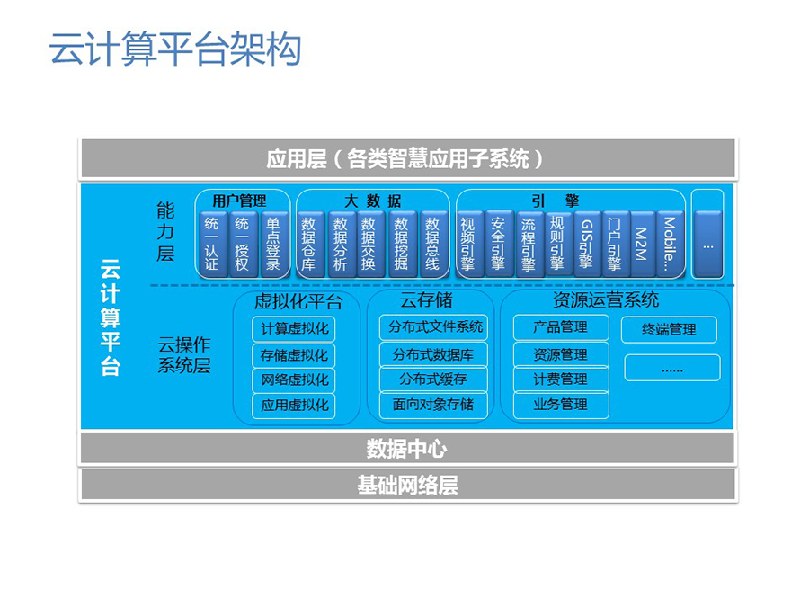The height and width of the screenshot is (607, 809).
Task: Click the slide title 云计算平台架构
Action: pyautogui.click(x=175, y=49)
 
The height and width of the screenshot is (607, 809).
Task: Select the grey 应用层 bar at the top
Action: pyautogui.click(x=407, y=158)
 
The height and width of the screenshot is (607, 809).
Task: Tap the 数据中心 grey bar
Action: pyautogui.click(x=407, y=448)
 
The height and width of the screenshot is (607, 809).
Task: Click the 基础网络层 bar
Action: pyautogui.click(x=407, y=486)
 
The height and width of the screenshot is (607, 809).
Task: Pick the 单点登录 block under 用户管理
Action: pyautogui.click(x=273, y=244)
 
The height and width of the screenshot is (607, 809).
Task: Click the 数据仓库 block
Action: pyautogui.click(x=308, y=244)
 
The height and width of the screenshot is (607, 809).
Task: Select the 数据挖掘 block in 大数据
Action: pyautogui.click(x=401, y=244)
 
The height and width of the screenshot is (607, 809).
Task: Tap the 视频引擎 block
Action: pyautogui.click(x=468, y=244)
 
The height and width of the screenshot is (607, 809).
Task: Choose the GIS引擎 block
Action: pyautogui.click(x=587, y=244)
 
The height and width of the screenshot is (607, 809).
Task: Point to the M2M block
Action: pyautogui.click(x=642, y=244)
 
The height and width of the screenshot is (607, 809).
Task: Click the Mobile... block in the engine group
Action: pyautogui.click(x=670, y=244)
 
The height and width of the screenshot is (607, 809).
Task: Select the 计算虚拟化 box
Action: pyautogui.click(x=294, y=329)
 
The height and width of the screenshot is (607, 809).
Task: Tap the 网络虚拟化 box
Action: pyautogui.click(x=294, y=379)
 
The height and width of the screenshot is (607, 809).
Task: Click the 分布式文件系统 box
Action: pyautogui.click(x=433, y=327)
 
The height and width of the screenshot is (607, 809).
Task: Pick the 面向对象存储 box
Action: pyautogui.click(x=433, y=405)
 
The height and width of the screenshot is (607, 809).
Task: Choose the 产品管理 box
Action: pyautogui.click(x=561, y=327)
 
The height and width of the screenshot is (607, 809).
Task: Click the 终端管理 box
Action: pyautogui.click(x=669, y=329)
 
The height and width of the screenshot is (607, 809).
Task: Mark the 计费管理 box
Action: pyautogui.click(x=561, y=379)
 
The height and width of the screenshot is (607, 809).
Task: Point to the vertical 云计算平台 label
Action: pyautogui.click(x=111, y=317)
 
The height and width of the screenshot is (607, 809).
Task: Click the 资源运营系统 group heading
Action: pyautogui.click(x=606, y=299)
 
